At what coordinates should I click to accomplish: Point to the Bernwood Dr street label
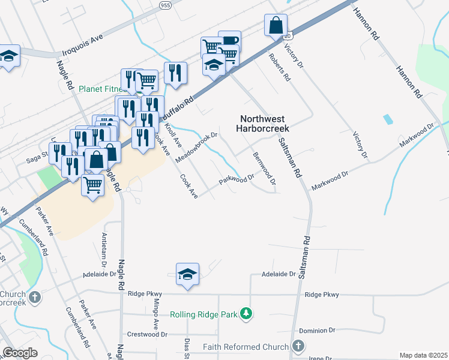coord(264,169)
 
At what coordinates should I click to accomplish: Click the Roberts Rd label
coord(280,67)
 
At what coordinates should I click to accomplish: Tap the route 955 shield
coord(165,4)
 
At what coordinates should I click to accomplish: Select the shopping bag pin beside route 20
coord(276,26)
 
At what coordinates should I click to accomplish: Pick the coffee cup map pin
coord(230,40)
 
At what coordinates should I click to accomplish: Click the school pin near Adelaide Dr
coord(188,274)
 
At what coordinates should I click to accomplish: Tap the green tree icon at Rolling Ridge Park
coord(245,313)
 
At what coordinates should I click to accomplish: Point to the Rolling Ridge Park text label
coord(203,314)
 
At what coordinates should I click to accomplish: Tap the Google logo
coord(20,353)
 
